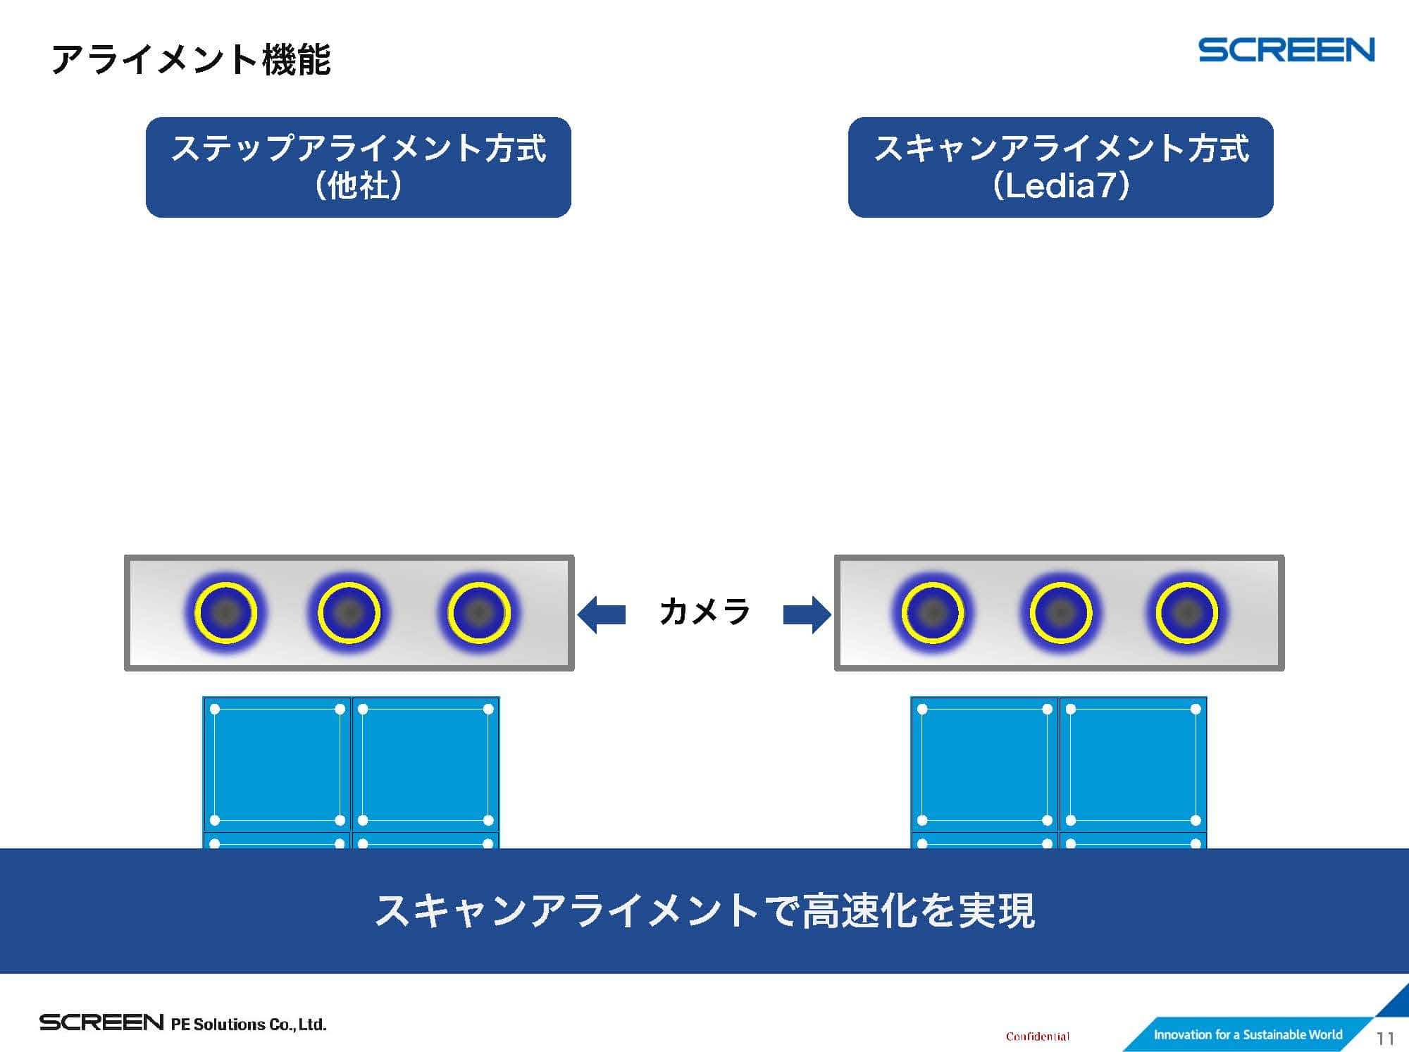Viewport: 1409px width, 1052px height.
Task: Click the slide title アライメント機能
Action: (x=191, y=59)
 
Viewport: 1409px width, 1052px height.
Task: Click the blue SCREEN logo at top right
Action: (x=1286, y=50)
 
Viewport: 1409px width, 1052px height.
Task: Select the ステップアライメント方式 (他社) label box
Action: (x=358, y=167)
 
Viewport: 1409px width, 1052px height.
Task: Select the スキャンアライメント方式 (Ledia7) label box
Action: (x=1060, y=167)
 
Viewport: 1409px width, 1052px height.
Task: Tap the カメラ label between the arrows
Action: (x=704, y=612)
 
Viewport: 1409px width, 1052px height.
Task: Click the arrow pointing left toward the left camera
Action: (x=602, y=614)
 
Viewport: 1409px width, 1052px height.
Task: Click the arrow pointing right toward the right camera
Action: (x=807, y=614)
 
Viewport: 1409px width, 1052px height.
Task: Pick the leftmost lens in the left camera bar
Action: (x=225, y=612)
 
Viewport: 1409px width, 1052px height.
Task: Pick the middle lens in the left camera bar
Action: (x=349, y=612)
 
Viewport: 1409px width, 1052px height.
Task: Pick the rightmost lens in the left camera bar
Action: (x=479, y=612)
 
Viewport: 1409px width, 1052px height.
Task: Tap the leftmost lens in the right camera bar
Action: (x=933, y=612)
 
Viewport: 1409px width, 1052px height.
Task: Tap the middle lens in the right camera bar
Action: (x=1060, y=612)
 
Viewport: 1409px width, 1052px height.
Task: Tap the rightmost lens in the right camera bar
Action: (x=1187, y=612)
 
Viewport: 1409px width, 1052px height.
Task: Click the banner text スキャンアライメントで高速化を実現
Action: (x=704, y=910)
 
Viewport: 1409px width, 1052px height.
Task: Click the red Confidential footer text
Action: (x=1037, y=1036)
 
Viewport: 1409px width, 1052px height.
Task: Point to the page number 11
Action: (x=1385, y=1039)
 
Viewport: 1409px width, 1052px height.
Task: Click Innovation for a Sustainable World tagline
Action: (x=1247, y=1034)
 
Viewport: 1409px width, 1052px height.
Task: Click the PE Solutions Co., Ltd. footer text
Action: (x=249, y=1024)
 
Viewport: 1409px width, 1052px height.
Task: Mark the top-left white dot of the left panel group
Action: (x=215, y=709)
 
